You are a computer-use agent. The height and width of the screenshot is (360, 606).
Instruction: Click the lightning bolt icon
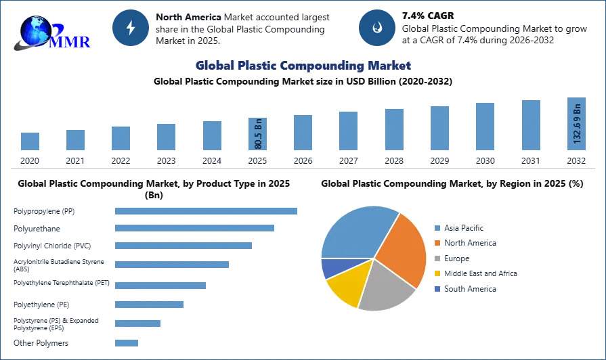click(131, 28)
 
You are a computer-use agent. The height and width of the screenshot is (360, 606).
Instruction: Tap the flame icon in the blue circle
click(376, 28)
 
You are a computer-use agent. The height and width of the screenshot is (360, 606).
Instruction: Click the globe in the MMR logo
click(35, 30)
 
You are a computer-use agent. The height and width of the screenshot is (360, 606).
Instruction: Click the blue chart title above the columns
click(303, 66)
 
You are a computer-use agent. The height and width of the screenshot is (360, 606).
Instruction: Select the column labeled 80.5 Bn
click(257, 133)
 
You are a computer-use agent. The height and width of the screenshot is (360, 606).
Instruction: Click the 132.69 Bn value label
click(577, 124)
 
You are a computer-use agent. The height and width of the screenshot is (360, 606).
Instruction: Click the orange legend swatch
click(438, 243)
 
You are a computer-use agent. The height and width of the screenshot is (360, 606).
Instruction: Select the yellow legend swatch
click(438, 273)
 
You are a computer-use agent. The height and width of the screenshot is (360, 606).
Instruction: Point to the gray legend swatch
click(438, 259)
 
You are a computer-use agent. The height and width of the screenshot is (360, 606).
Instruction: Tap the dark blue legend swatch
click(438, 288)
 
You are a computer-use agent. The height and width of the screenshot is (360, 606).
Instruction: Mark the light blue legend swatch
click(438, 227)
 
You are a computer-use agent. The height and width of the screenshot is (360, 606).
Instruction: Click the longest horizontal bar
click(206, 211)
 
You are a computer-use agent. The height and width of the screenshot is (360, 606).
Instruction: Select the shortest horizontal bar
click(127, 341)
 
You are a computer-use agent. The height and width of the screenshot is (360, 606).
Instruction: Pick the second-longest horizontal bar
click(195, 227)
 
